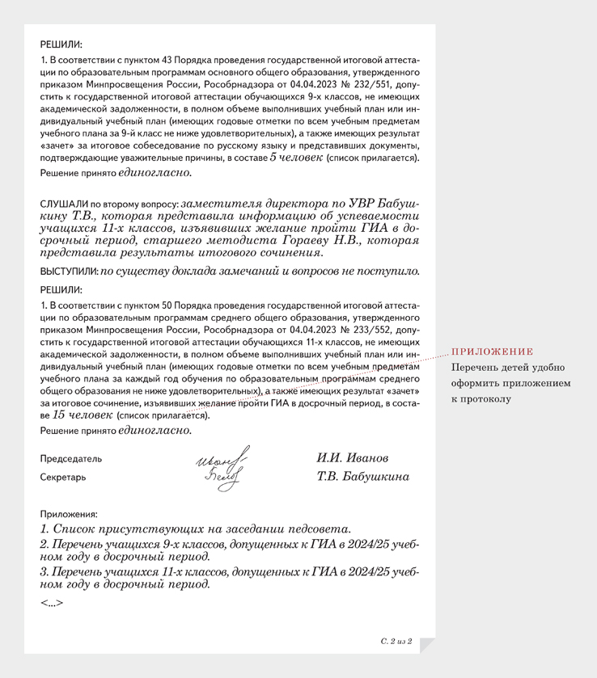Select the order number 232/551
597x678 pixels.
point(363,83)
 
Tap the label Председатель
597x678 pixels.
point(71,458)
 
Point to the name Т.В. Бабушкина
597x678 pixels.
point(363,477)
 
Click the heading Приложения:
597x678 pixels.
point(68,513)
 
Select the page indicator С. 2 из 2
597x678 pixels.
point(396,641)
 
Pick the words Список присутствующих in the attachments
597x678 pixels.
point(126,529)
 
